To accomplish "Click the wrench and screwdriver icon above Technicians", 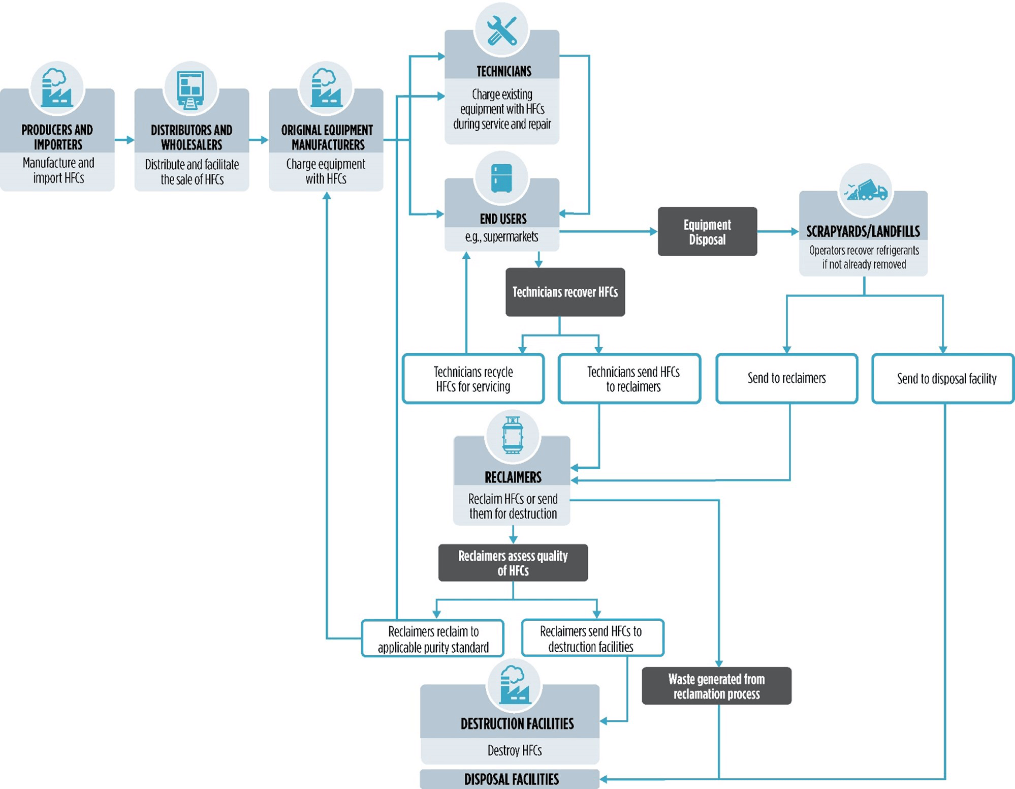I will click(502, 30).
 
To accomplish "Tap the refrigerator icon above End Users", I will click(502, 178).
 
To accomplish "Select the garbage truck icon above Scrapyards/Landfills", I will click(866, 191).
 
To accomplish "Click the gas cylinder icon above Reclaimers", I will click(513, 436).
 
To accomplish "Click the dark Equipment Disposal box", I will click(707, 232).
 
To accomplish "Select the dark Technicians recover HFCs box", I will click(565, 292).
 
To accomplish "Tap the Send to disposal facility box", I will click(943, 379).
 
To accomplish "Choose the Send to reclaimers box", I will click(786, 378).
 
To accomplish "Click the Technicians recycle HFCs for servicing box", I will click(473, 379).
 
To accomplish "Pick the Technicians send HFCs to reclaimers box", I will click(629, 379).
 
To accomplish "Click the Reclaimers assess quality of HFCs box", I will click(513, 563).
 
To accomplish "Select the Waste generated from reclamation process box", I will click(716, 686).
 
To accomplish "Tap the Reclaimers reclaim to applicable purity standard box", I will click(433, 639).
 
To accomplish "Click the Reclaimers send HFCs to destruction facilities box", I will click(592, 638).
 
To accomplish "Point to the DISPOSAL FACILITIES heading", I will click(511, 779).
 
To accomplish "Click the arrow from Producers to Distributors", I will click(124, 140).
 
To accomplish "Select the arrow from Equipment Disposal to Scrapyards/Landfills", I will click(778, 232).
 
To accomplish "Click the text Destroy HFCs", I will click(514, 750).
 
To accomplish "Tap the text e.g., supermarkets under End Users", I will click(501, 237).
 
